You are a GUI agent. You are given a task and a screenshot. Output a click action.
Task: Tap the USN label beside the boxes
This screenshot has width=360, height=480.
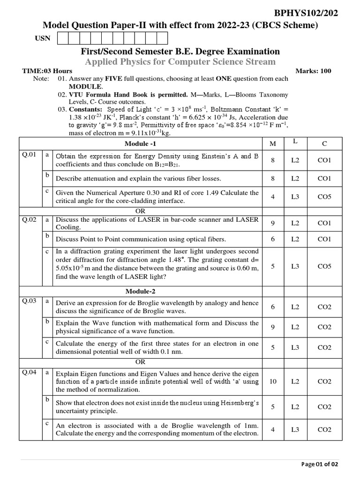click(x=42, y=38)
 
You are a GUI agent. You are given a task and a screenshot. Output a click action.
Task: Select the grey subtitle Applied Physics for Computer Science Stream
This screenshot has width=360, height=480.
click(x=180, y=62)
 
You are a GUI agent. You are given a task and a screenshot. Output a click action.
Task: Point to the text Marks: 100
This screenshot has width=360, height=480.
click(x=313, y=71)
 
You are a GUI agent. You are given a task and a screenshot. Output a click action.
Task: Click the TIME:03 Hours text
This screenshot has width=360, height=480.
click(x=47, y=71)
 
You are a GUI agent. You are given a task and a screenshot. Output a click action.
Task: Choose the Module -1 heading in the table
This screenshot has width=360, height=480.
click(x=141, y=142)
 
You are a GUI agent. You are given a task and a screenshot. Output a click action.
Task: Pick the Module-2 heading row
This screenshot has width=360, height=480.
click(x=141, y=291)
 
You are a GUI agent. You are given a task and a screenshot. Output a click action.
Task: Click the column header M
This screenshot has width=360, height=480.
click(x=273, y=142)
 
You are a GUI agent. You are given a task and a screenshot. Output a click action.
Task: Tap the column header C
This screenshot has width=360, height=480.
click(x=324, y=142)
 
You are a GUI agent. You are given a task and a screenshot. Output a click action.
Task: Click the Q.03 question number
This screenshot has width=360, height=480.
click(x=29, y=301)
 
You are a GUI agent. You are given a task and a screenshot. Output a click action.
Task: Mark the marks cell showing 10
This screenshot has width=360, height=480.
click(x=273, y=382)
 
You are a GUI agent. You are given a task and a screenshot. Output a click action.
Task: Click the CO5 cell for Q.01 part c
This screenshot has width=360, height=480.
click(x=324, y=197)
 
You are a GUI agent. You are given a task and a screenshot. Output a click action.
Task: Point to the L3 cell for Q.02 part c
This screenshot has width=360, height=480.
click(x=295, y=266)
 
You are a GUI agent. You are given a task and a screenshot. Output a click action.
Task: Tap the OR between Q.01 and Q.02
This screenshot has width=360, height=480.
click(x=141, y=211)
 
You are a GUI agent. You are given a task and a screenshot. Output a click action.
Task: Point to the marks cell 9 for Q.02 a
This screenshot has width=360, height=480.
click(x=273, y=223)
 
